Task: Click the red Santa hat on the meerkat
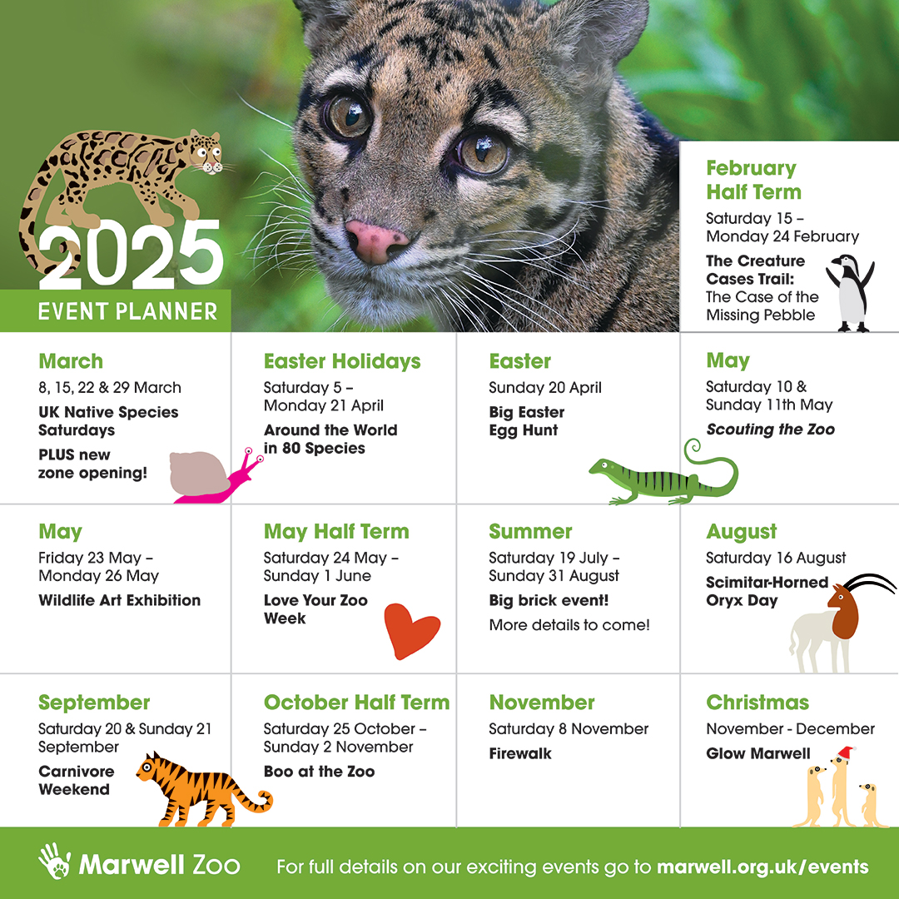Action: click(846, 752)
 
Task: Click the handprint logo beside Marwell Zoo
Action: click(54, 862)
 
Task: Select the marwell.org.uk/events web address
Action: click(762, 867)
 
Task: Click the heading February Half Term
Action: click(753, 180)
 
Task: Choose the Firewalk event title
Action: click(520, 753)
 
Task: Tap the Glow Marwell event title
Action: click(757, 753)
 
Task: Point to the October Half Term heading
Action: click(356, 702)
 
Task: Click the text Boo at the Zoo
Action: click(319, 772)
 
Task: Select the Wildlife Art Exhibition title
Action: click(119, 600)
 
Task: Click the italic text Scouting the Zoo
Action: click(770, 430)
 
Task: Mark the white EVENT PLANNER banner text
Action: click(127, 311)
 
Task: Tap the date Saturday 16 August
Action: click(776, 558)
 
